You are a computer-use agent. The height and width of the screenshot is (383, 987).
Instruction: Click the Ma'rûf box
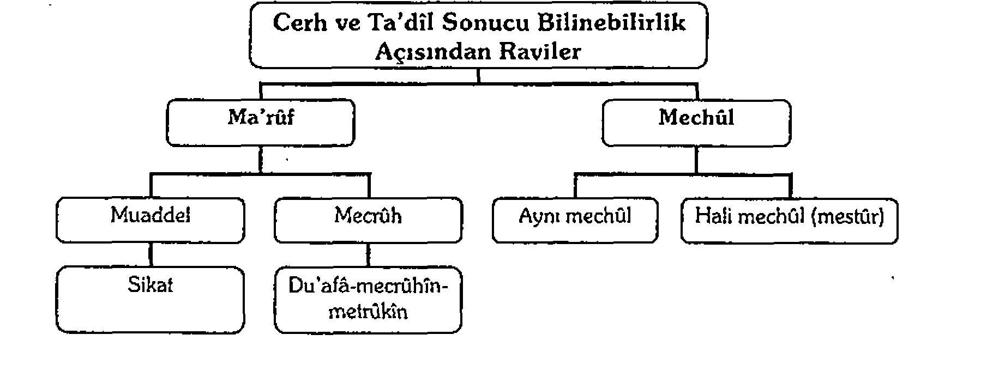(261, 123)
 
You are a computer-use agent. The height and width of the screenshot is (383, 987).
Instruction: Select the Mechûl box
(696, 123)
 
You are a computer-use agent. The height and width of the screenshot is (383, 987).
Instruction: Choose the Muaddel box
(151, 220)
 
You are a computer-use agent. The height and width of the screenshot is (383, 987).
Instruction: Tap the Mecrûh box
(368, 220)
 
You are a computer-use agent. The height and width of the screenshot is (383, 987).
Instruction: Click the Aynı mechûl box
(575, 220)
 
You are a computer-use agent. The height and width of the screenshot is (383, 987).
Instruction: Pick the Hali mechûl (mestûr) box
(789, 220)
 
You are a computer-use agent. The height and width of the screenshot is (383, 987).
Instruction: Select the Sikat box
(151, 300)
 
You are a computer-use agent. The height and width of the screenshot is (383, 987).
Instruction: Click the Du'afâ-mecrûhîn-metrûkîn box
(368, 300)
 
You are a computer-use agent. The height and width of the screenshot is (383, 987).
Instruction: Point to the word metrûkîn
(369, 312)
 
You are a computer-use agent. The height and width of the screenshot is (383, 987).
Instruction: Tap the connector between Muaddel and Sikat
(151, 254)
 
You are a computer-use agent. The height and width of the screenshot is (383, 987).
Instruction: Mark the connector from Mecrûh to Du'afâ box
(369, 254)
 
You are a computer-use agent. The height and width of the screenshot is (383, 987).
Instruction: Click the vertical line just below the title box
(479, 76)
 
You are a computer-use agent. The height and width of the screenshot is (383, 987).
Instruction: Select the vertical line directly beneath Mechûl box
(696, 160)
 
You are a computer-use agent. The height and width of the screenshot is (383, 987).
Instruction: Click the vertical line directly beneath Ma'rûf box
(261, 160)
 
